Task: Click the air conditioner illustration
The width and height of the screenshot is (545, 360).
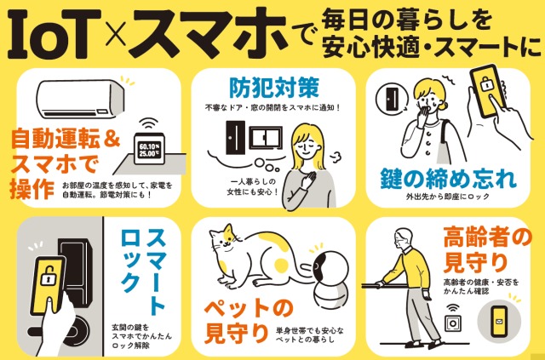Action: pyautogui.click(x=80, y=99)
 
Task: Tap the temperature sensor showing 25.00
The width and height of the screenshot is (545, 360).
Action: pyautogui.click(x=150, y=148)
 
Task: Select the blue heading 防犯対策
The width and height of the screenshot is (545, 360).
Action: pyautogui.click(x=273, y=88)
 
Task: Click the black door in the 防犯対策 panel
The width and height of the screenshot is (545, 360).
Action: pyautogui.click(x=235, y=137)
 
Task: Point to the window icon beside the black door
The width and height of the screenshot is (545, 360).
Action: pyautogui.click(x=266, y=138)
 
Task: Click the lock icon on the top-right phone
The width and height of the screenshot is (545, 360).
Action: pyautogui.click(x=485, y=85)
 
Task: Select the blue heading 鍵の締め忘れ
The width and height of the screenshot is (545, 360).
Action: pyautogui.click(x=448, y=178)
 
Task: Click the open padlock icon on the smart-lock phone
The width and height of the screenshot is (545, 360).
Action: pyautogui.click(x=48, y=277)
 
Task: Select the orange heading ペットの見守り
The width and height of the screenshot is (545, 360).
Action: pyautogui.click(x=248, y=323)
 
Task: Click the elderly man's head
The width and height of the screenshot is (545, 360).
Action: pyautogui.click(x=403, y=239)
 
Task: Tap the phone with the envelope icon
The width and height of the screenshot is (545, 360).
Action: pyautogui.click(x=499, y=322)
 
